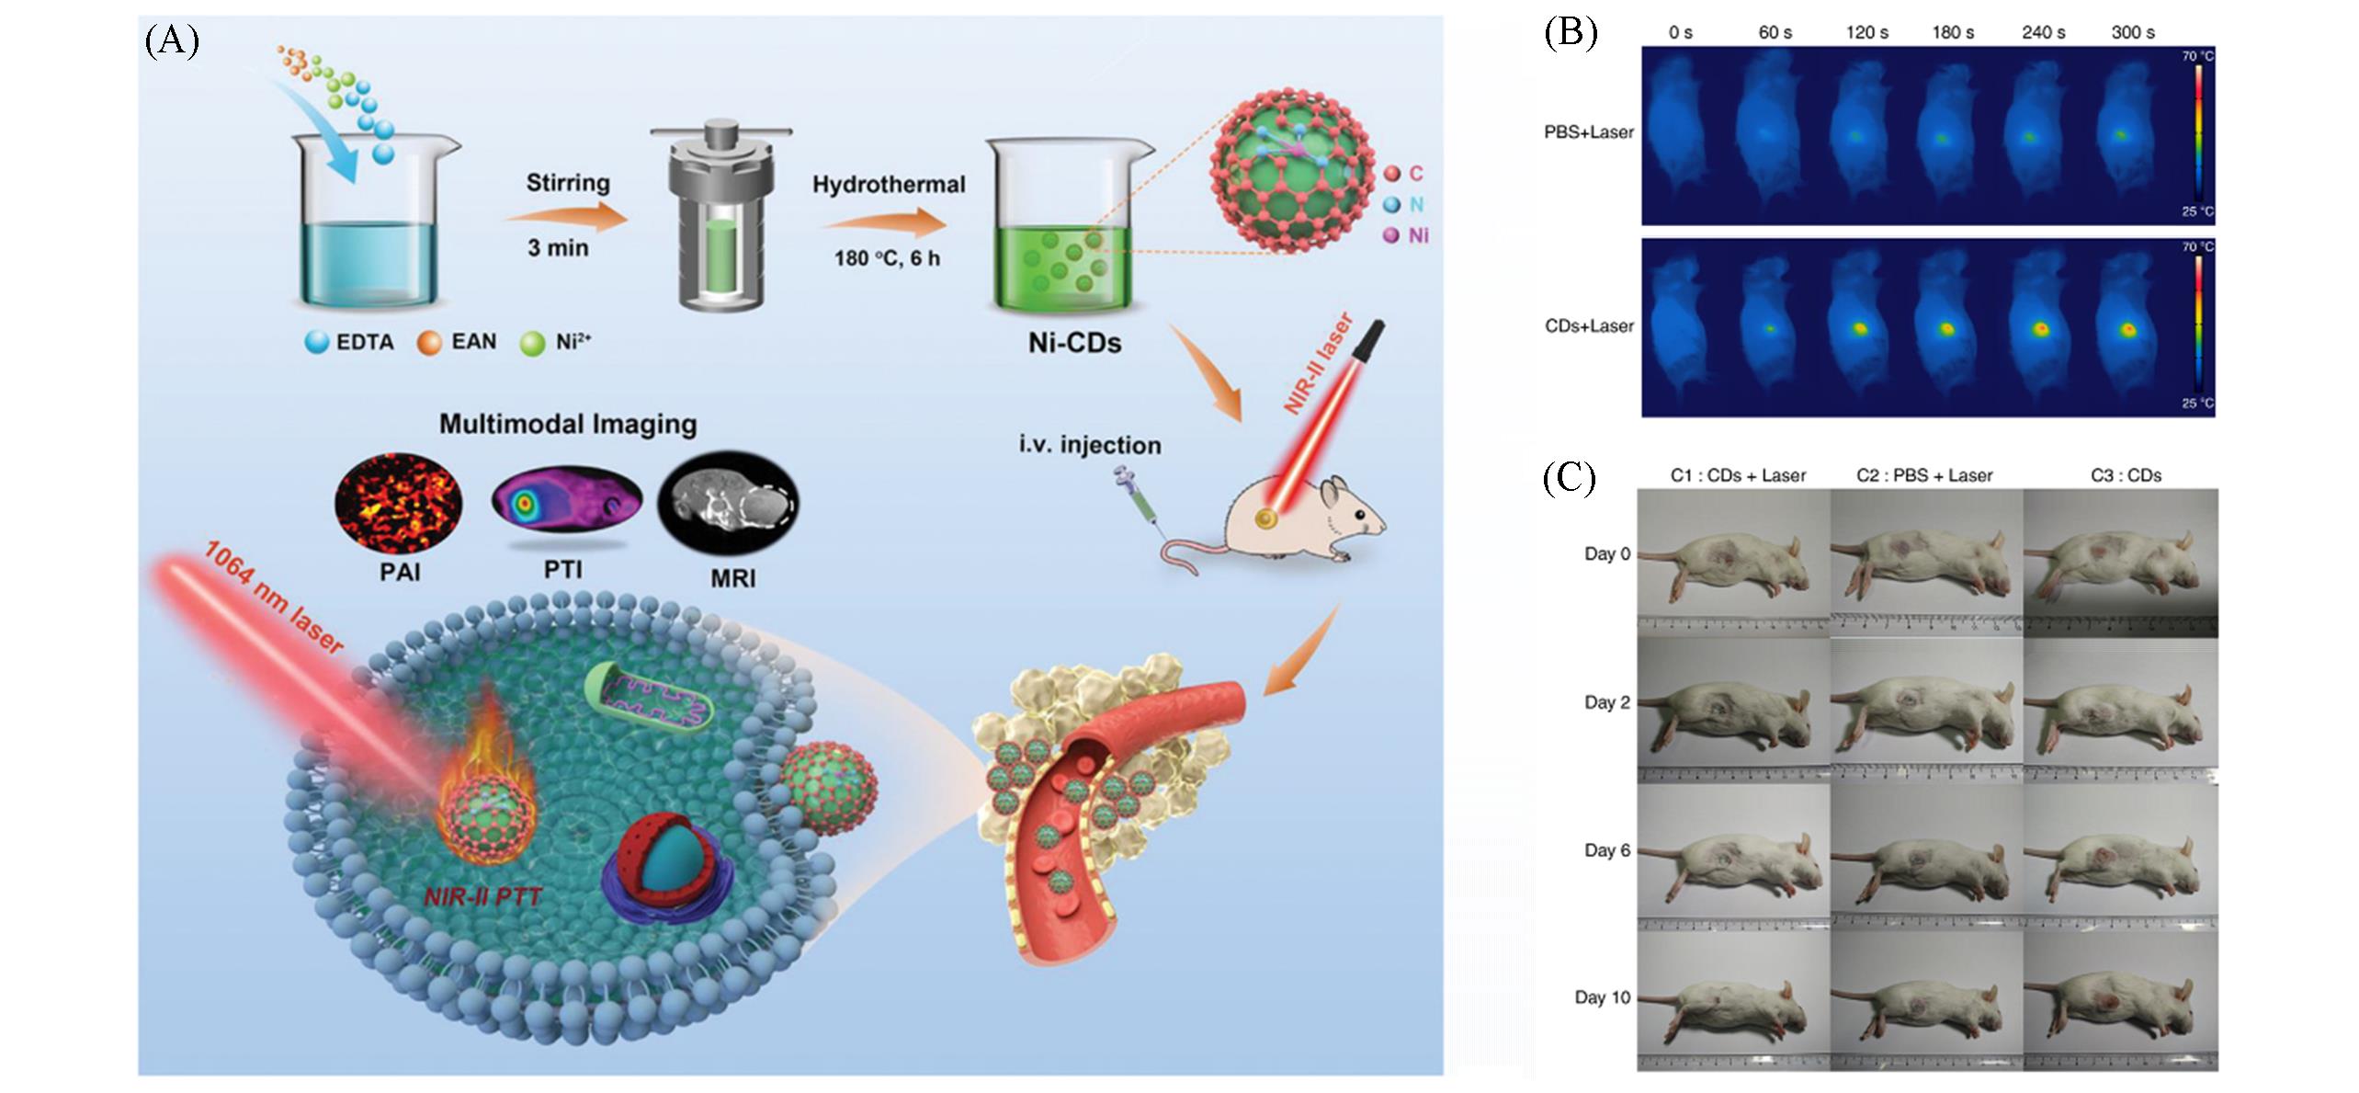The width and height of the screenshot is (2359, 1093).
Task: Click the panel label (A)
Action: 172,41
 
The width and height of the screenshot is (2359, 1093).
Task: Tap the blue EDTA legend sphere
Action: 317,343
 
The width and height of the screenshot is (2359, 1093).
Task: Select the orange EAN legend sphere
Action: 428,343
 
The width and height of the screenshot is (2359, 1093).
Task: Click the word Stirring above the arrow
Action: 567,182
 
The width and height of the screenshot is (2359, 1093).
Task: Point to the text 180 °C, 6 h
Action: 887,258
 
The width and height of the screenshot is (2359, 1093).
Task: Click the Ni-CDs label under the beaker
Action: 1074,343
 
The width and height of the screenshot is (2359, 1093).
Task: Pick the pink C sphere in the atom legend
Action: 1391,174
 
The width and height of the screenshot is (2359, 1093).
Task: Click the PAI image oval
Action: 398,502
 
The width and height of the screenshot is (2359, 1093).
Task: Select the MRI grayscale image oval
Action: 729,502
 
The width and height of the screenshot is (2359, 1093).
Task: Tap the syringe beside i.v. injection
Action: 1136,497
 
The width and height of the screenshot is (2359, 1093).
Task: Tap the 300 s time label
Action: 2132,32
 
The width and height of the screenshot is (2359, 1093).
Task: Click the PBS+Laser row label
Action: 1589,132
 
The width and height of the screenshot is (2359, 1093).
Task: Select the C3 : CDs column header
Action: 2126,475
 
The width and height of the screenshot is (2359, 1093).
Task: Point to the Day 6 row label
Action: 1606,850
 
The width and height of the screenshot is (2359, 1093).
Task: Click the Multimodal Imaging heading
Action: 567,424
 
